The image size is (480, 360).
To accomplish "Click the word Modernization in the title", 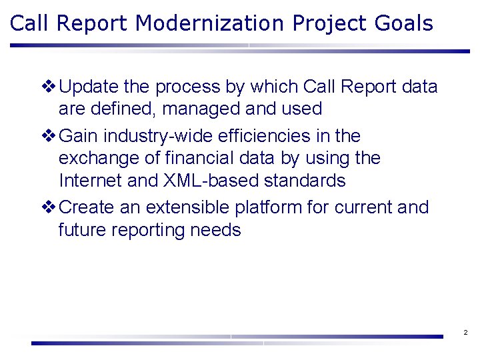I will (209, 23).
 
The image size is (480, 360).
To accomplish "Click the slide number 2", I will (465, 332).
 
